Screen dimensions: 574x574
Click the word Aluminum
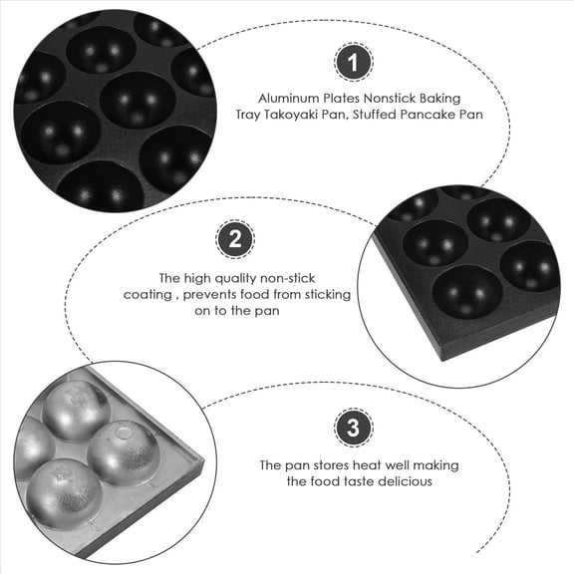(285, 99)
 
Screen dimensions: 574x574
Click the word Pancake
(421, 116)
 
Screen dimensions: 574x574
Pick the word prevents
(208, 295)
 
